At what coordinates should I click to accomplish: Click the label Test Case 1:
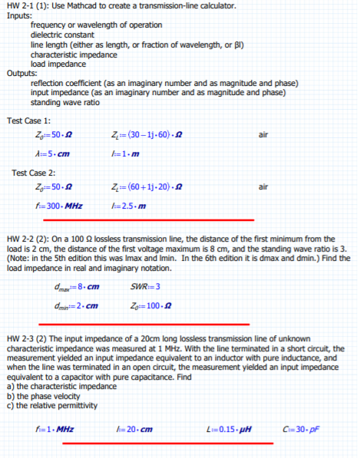[x=28, y=120]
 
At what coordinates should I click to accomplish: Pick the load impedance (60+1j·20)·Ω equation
[x=145, y=187]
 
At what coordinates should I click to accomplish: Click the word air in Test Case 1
[x=263, y=135]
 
